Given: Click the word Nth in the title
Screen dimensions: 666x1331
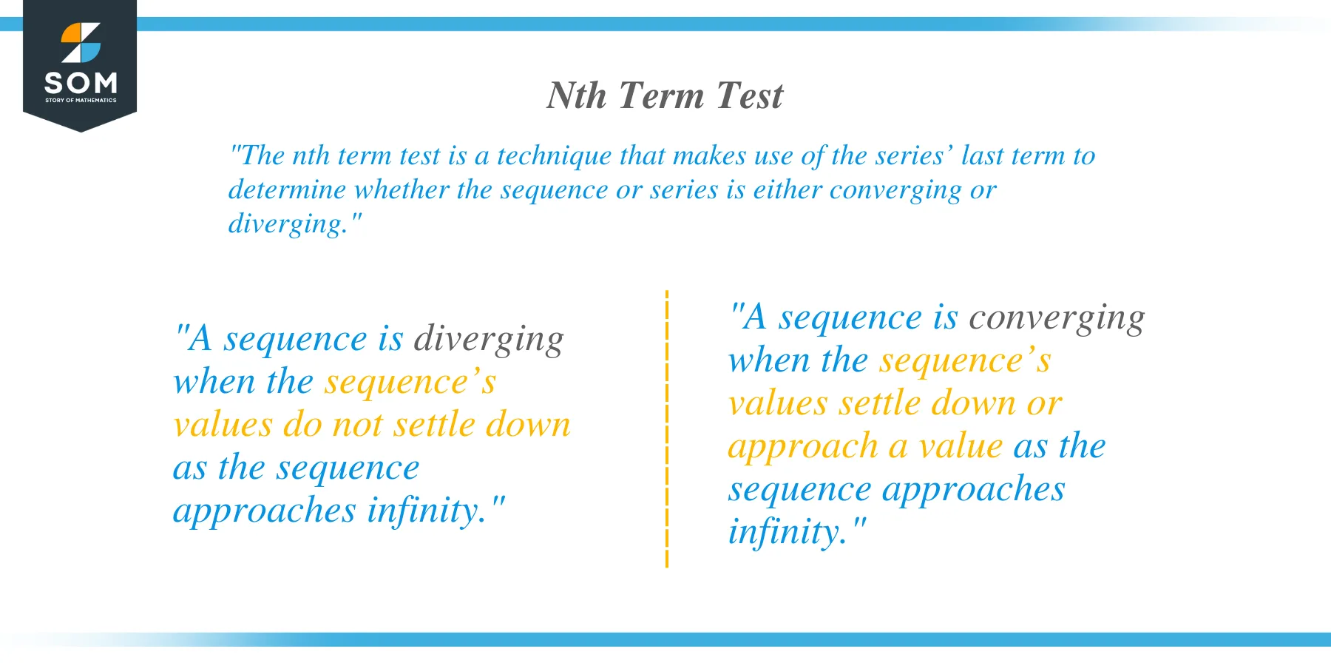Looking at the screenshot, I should click(576, 96).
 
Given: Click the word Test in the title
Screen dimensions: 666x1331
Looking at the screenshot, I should click(749, 96).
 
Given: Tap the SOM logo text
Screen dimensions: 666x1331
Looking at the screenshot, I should click(81, 82).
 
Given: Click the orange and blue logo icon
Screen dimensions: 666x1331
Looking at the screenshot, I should click(81, 43).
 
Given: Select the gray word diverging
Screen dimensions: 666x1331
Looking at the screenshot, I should click(489, 340).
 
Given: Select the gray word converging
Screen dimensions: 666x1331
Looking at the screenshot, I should click(1057, 318).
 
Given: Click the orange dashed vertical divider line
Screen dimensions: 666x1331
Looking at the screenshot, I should click(667, 429).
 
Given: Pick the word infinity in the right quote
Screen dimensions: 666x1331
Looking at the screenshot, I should click(787, 532).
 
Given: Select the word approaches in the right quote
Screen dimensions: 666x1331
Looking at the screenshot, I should click(973, 490).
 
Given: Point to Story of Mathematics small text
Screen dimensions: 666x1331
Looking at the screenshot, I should click(81, 100).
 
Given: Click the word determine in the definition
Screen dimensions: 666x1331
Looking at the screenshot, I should click(287, 190).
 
